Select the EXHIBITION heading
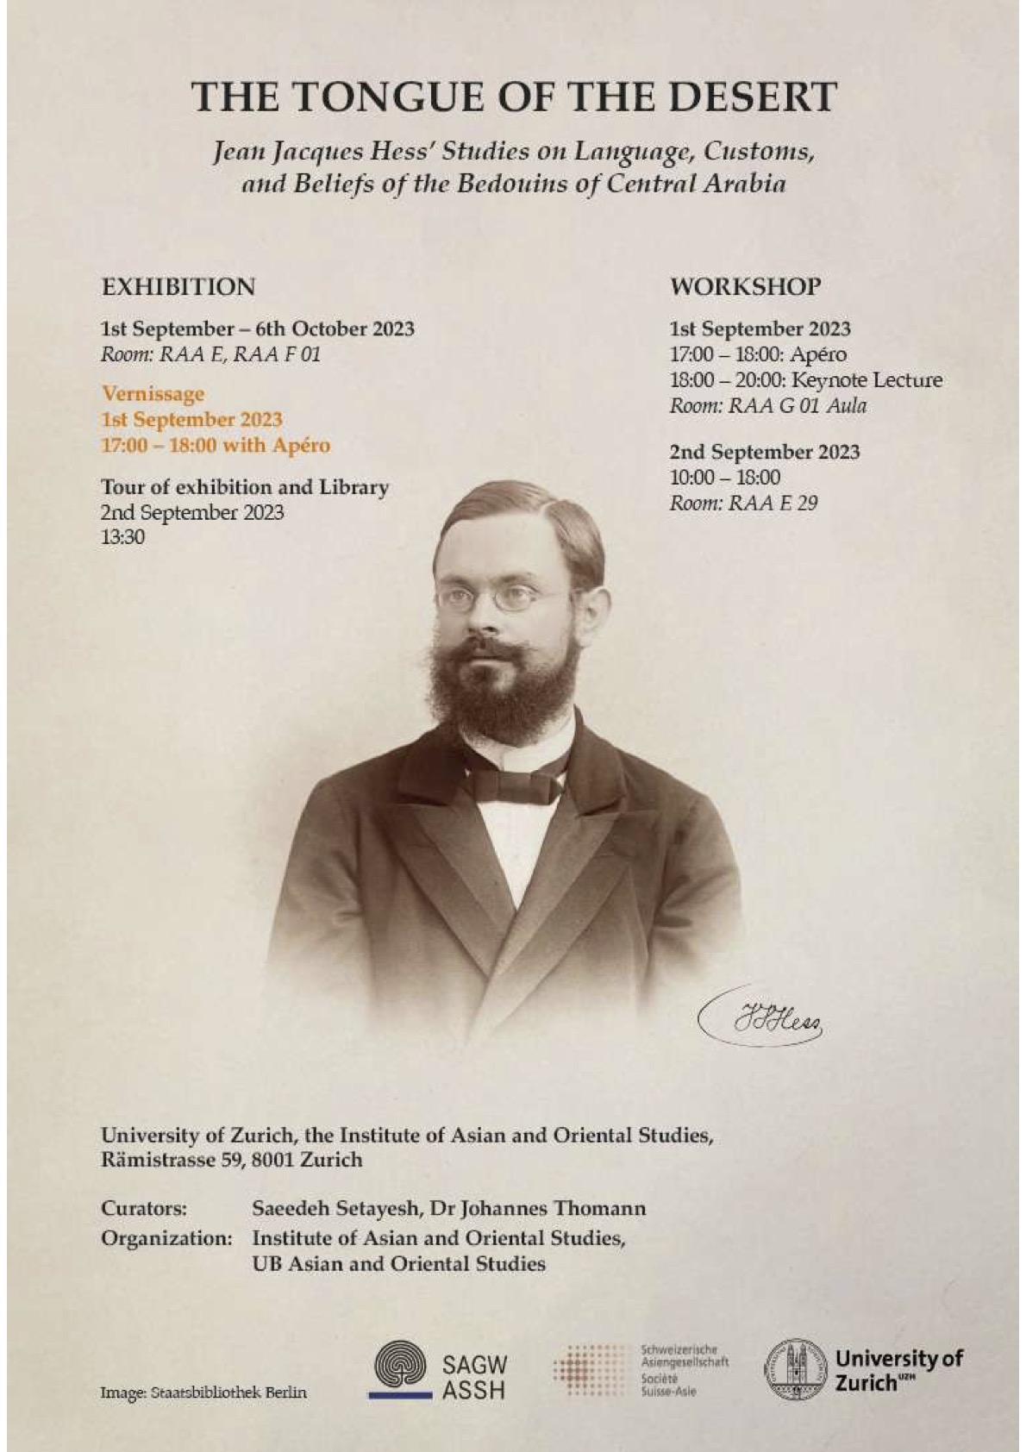click(178, 286)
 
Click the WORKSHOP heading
click(746, 286)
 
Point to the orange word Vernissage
click(153, 394)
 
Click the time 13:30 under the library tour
click(122, 537)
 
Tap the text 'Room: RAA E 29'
click(743, 503)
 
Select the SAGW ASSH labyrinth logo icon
click(399, 1372)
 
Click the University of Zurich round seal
click(795, 1369)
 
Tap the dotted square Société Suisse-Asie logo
click(590, 1371)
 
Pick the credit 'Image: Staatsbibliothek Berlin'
click(203, 1393)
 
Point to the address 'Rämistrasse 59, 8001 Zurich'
click(231, 1160)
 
